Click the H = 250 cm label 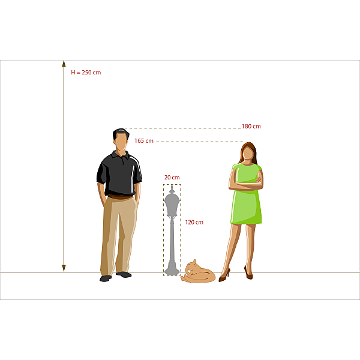86,73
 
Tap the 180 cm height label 251,127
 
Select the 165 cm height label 144,141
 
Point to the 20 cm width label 172,178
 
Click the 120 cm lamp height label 194,222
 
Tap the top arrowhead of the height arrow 64,64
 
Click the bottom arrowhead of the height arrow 64,268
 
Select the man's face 121,142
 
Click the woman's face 248,153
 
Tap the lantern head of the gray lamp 172,202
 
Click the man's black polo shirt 119,173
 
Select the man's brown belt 120,197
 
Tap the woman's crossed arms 246,184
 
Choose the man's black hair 121,133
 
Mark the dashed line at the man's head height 182,128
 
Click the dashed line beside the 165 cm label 200,142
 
